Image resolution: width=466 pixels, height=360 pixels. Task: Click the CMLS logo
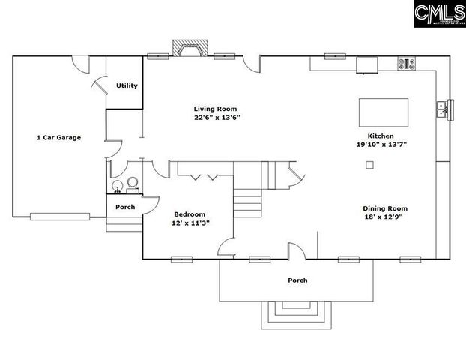[x=438, y=13]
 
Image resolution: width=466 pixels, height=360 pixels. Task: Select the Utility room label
[x=127, y=85]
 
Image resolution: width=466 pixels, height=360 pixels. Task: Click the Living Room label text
[x=216, y=109]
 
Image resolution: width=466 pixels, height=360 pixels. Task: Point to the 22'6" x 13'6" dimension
[x=217, y=118]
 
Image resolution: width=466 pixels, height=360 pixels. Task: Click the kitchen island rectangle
[x=384, y=112]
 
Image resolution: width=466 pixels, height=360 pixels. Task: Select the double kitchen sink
[x=442, y=110]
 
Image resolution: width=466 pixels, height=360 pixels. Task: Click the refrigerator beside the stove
[x=367, y=65]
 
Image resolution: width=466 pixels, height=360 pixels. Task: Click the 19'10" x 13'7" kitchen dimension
[x=381, y=145]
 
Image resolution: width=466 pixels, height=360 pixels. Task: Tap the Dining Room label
[x=385, y=208]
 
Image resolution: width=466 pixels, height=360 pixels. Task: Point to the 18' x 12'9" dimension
[x=386, y=218]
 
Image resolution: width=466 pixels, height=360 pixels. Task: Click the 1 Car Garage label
[x=58, y=137]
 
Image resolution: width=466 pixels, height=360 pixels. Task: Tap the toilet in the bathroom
[x=133, y=184]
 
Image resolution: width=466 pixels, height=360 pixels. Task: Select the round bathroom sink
[x=116, y=186]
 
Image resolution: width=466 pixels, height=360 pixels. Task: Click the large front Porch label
[x=297, y=280]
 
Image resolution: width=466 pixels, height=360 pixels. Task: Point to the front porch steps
[x=297, y=313]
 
